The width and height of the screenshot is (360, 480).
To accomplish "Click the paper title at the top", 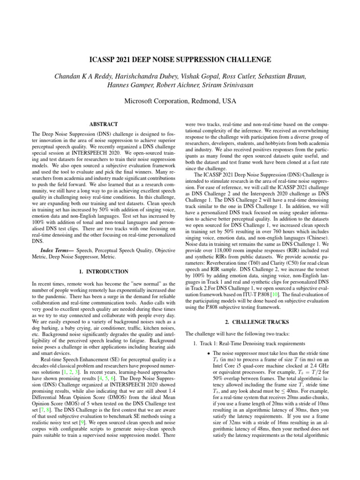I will tap(180, 60).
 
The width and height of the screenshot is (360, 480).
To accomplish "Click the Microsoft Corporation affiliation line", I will tap(180, 101).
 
